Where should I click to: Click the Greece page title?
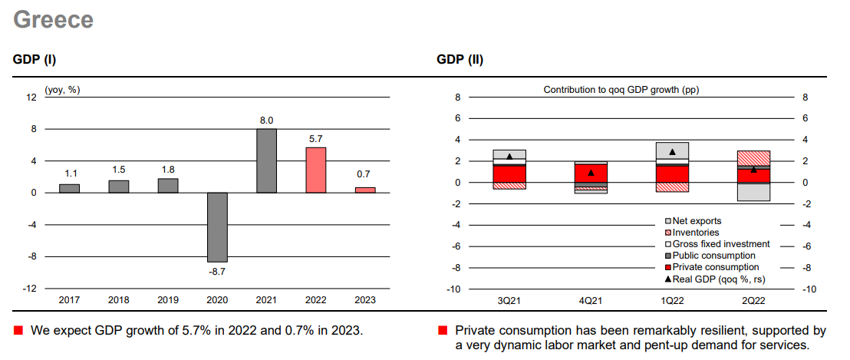click(x=54, y=20)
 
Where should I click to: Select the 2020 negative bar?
click(x=217, y=227)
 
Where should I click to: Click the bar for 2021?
click(x=266, y=160)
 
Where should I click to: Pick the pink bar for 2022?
click(x=315, y=170)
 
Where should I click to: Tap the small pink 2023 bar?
click(x=365, y=190)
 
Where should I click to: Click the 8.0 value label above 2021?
click(x=266, y=121)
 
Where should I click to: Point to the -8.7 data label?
click(x=217, y=271)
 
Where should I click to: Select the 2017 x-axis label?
click(x=69, y=300)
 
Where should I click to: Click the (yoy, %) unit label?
click(x=62, y=90)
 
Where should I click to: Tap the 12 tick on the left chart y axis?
click(x=31, y=97)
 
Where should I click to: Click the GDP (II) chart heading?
click(x=460, y=59)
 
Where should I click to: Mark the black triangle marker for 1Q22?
click(x=673, y=152)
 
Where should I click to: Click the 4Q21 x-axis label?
click(x=591, y=300)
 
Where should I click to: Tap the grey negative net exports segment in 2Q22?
click(x=754, y=192)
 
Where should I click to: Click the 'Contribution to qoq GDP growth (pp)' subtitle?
click(x=621, y=90)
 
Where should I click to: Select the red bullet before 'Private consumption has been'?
click(x=442, y=331)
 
